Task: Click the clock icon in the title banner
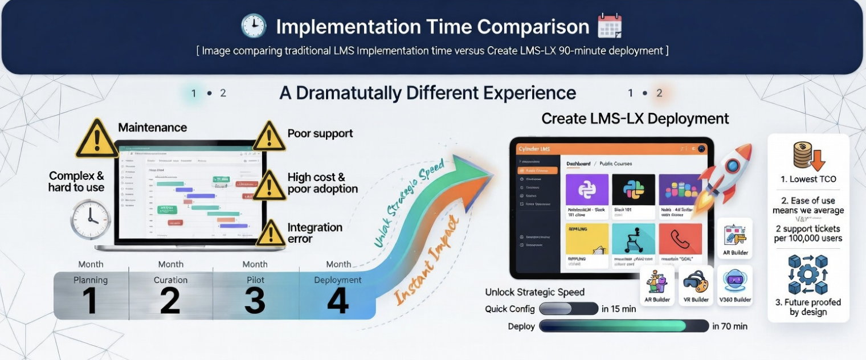[x=254, y=26]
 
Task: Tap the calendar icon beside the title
[x=609, y=26]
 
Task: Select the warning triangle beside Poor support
[x=269, y=137]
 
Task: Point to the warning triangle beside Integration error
[x=271, y=234]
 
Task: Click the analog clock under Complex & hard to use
[x=90, y=219]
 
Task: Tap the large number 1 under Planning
[x=89, y=300]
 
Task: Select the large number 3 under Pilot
[x=254, y=300]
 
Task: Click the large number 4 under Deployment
[x=337, y=300]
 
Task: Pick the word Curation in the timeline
[x=170, y=280]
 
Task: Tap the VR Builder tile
[x=696, y=285]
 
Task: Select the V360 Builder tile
[x=734, y=285]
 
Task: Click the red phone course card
[x=680, y=239]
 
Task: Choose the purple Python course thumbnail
[x=587, y=190]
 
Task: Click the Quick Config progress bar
[x=567, y=309]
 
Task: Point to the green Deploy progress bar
[x=623, y=326]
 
